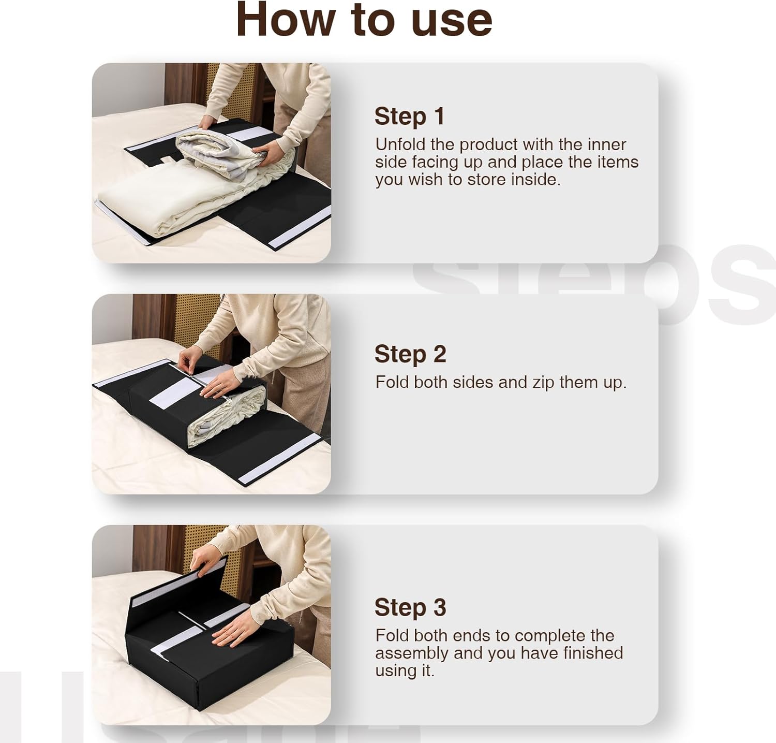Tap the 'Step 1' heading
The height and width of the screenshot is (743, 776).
tap(409, 116)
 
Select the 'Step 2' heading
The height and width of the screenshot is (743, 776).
tap(410, 354)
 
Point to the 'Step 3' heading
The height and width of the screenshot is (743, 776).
tap(410, 607)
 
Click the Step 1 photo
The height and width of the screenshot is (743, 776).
tap(212, 163)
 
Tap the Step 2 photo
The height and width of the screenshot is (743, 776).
tap(212, 394)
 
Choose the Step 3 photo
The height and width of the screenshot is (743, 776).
tap(212, 625)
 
